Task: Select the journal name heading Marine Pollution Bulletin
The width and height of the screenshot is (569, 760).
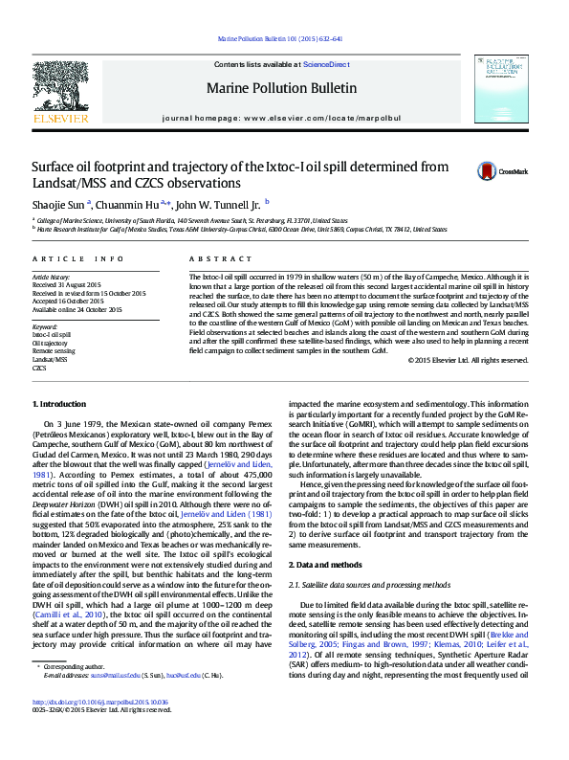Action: tap(282, 88)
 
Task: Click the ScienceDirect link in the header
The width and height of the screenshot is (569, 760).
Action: tap(326, 63)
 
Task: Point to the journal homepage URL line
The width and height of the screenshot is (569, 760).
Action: tap(282, 118)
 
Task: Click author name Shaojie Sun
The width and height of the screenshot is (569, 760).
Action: tap(59, 204)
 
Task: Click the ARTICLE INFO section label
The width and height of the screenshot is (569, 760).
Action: tap(78, 259)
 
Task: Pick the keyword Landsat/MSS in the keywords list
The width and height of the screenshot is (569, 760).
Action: tap(50, 360)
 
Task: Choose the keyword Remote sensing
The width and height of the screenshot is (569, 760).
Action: tap(54, 351)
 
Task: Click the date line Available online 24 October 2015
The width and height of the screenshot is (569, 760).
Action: tap(77, 309)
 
